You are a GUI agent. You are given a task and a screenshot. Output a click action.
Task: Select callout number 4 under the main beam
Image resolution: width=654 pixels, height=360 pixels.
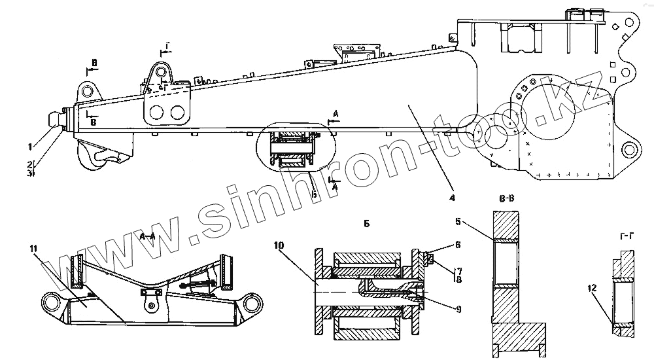point(451,197)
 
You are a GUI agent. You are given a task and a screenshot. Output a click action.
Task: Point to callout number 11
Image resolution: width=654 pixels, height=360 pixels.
point(33,249)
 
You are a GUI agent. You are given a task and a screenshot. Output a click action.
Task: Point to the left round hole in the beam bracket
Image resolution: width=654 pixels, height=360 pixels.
point(156,113)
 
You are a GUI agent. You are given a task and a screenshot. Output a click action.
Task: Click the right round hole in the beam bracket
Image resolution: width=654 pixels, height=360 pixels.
point(177,113)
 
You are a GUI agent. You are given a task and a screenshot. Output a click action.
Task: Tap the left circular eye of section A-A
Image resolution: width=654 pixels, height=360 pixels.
point(52,302)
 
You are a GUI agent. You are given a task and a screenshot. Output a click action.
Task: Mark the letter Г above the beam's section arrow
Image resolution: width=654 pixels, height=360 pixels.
point(167,45)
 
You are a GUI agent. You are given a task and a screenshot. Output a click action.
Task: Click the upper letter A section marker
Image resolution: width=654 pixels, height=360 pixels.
point(336,114)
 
